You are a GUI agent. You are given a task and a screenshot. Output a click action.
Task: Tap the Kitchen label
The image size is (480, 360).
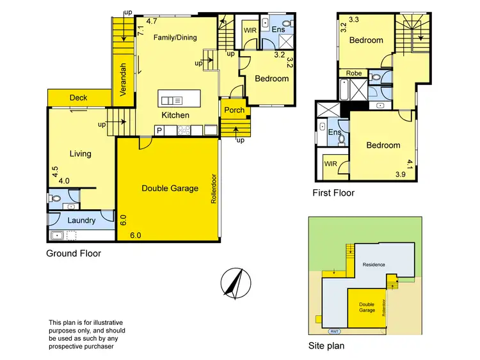[175, 115]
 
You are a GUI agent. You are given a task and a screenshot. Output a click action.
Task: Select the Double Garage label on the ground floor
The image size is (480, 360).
[170, 188]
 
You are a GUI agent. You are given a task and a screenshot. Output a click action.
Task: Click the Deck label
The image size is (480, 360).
[79, 98]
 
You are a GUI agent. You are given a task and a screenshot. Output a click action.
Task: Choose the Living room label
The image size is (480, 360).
[81, 153]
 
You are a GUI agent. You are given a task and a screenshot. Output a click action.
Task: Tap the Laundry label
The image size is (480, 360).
[82, 221]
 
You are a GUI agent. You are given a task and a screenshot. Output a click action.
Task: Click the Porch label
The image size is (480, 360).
[235, 110]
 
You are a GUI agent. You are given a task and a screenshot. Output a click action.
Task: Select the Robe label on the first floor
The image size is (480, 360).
[354, 74]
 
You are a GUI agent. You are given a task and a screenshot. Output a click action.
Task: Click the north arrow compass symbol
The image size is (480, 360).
[234, 281]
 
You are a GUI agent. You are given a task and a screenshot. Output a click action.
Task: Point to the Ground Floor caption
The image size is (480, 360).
[74, 253]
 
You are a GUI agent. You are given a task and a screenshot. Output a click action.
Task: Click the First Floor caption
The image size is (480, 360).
[333, 192]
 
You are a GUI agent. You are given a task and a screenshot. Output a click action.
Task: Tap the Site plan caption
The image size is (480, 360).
[326, 346]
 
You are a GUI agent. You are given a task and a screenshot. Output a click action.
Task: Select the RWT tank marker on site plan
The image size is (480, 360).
[335, 331]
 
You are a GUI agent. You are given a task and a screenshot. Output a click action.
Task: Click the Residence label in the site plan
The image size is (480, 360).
[374, 264]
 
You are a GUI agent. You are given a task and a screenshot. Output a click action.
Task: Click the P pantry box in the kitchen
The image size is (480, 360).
[159, 130]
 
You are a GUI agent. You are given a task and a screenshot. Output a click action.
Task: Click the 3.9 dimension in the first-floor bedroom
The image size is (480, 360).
[401, 174]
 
